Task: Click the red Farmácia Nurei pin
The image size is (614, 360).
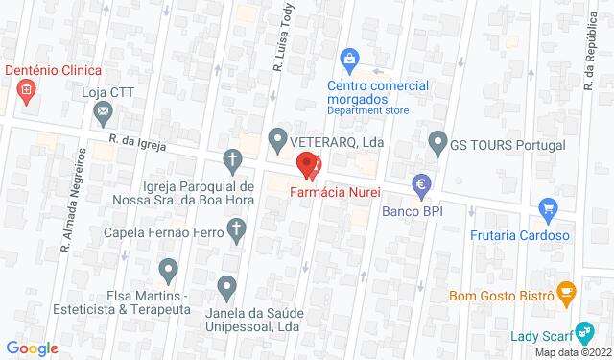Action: pos(308,165)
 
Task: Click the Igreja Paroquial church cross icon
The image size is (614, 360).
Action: pos(231,158)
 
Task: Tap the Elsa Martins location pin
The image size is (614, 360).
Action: pos(169,271)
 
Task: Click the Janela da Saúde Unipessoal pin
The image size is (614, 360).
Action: pos(227,285)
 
